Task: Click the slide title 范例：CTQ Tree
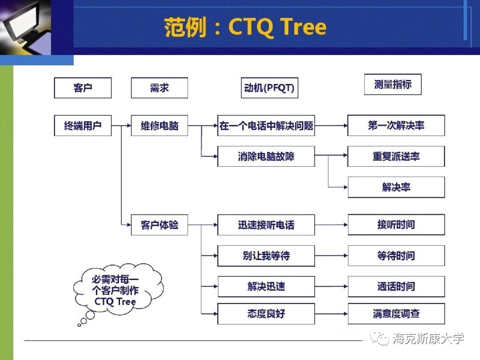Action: (245, 28)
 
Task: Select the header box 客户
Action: (83, 88)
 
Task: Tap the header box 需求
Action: (159, 88)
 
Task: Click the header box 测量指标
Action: (392, 84)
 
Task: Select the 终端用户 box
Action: (83, 126)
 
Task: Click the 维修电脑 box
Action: (159, 126)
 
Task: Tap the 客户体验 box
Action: (159, 225)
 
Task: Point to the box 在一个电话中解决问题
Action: (266, 126)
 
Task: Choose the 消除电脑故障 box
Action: (266, 156)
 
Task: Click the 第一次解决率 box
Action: (396, 126)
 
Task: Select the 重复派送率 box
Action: (396, 156)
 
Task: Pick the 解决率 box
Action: (396, 187)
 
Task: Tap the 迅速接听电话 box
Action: (266, 225)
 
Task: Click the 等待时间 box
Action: (396, 256)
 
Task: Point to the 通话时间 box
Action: (396, 287)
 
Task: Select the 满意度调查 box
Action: (396, 314)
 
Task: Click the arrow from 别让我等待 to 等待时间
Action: (331, 256)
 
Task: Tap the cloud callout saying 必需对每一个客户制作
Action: (116, 291)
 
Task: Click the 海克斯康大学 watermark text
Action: (428, 339)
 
